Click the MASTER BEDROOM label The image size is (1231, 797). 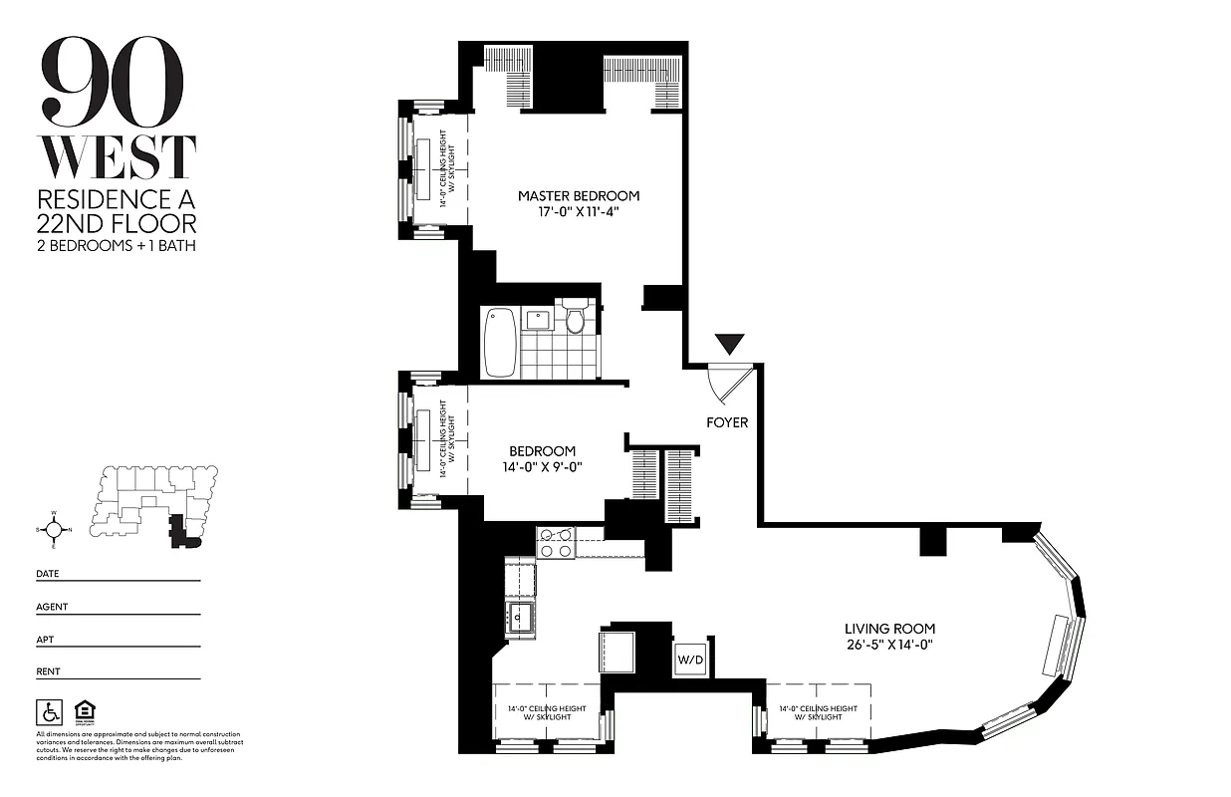tap(578, 196)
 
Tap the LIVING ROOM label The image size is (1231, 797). tap(889, 629)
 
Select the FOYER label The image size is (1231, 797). tap(727, 422)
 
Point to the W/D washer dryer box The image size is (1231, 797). tap(689, 660)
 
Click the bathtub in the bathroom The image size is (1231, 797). tap(500, 342)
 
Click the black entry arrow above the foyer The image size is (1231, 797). tap(731, 345)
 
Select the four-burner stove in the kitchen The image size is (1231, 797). tap(555, 543)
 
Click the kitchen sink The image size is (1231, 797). tap(519, 618)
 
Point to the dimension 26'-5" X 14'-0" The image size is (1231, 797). tap(889, 645)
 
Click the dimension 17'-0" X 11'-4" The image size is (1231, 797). tap(578, 212)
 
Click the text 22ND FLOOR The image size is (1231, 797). tap(116, 223)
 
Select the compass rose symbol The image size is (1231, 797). tap(54, 529)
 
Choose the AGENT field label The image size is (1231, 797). tap(52, 607)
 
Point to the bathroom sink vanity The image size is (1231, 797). tap(540, 320)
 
